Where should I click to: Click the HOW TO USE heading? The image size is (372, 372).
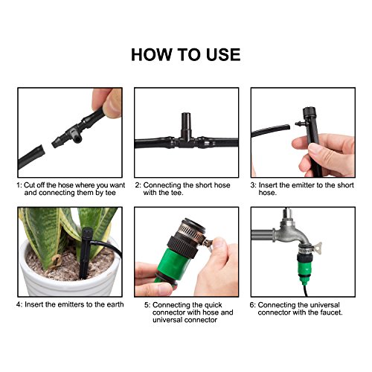(185, 54)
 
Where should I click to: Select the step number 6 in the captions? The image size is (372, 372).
(253, 304)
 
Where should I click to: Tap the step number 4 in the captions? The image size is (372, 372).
(19, 304)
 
